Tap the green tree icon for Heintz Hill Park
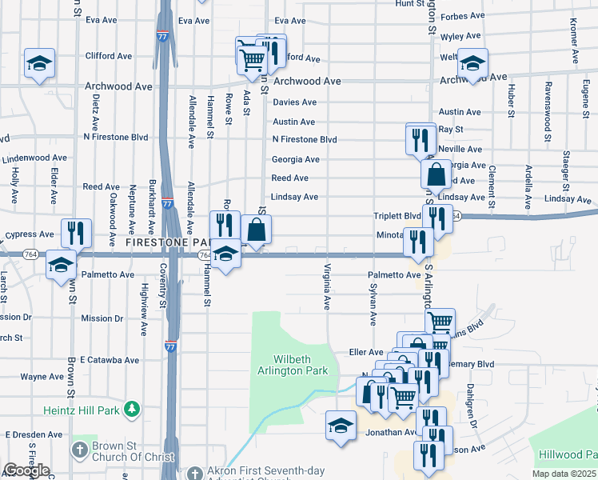coord(132,410)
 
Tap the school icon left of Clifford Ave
coord(38,64)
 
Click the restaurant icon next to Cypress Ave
coord(76,232)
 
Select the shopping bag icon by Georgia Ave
coord(437,174)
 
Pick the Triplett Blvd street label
coord(397,216)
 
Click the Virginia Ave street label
coord(327,286)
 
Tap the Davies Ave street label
coord(294,102)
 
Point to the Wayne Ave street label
coord(42,377)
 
